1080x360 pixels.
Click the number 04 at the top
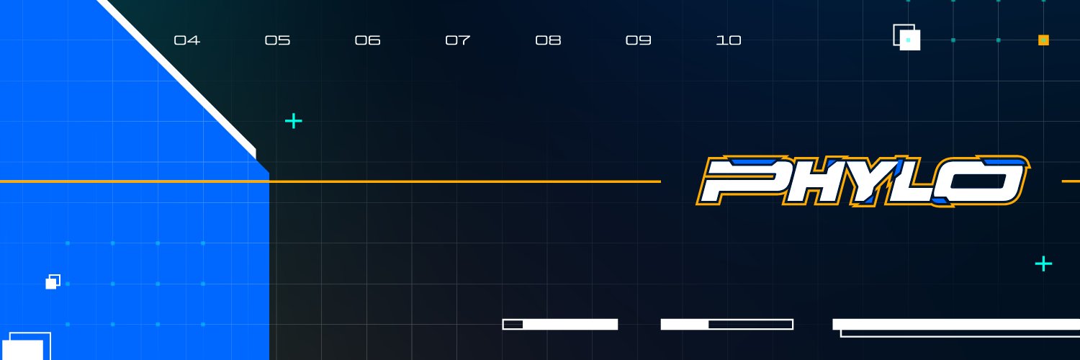[186, 40]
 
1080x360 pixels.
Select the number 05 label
[277, 40]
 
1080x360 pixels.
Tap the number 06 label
[367, 40]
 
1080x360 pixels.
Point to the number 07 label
[457, 40]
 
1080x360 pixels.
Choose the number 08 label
[548, 40]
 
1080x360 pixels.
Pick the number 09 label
[639, 40]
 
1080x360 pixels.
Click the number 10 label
[729, 40]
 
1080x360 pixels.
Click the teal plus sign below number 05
[294, 121]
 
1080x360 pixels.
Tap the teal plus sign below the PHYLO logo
[1043, 264]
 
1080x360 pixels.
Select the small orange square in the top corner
[1043, 40]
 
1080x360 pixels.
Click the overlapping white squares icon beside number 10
[907, 37]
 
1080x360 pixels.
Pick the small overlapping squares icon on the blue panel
[53, 282]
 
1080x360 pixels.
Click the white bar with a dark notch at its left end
[559, 324]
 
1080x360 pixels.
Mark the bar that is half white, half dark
[727, 324]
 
